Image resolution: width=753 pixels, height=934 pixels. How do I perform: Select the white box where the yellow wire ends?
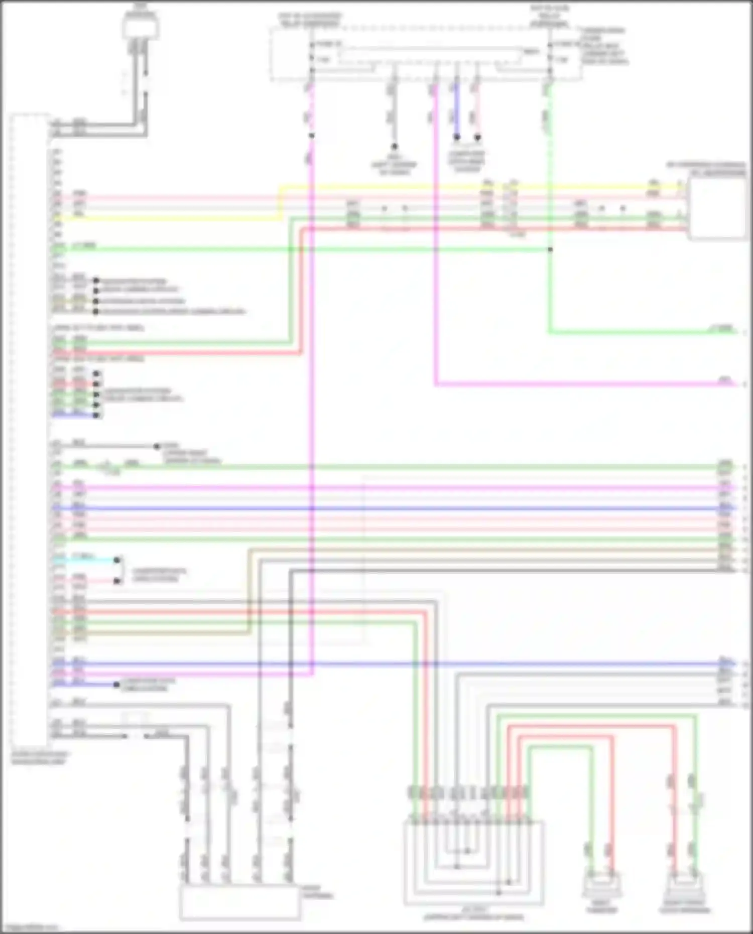coord(717,209)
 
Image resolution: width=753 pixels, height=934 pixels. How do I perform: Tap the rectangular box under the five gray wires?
coord(240,902)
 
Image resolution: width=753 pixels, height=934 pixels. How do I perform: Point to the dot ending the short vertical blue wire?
coord(457,137)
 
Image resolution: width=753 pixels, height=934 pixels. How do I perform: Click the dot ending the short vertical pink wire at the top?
coord(477,137)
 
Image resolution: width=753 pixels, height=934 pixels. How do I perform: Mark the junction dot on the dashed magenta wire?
coord(312,136)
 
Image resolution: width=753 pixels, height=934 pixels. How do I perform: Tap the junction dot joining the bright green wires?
coord(550,249)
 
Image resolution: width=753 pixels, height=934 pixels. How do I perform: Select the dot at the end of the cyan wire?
coord(117,560)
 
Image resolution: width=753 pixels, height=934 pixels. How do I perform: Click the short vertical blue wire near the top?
coord(456,110)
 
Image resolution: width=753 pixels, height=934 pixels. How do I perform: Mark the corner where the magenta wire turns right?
coord(436,384)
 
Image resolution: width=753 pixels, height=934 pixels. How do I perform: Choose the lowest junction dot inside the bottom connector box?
coord(498,892)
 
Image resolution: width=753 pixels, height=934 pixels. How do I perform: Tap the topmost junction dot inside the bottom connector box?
coord(467,851)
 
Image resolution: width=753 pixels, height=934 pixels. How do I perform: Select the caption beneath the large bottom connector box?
coord(473,914)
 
